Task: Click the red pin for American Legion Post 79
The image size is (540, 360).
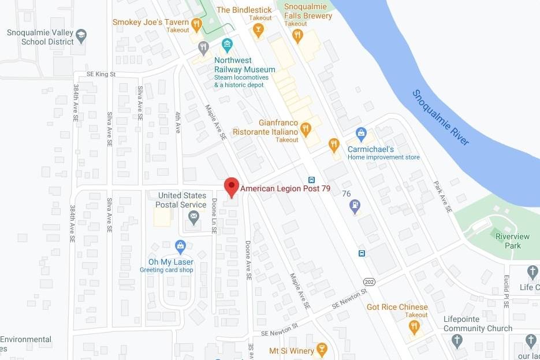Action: (232, 187)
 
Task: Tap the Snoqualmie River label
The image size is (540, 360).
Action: (441, 117)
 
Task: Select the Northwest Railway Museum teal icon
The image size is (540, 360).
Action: (228, 44)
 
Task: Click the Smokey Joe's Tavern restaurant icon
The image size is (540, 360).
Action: (196, 24)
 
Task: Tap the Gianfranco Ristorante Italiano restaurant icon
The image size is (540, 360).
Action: (306, 128)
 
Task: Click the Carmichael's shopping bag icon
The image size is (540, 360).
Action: (361, 134)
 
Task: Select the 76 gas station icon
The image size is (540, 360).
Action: (355, 205)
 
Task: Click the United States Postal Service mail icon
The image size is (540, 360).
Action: (193, 217)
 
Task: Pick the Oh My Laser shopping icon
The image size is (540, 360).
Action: (181, 246)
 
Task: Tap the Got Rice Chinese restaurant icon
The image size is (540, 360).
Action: (414, 326)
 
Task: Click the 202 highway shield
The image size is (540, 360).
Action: (369, 281)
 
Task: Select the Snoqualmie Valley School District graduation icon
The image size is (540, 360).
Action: (81, 35)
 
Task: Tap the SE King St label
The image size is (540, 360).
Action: (101, 75)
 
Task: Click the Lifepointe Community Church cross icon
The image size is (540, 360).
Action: (457, 340)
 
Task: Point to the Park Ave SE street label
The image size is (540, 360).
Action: (443, 196)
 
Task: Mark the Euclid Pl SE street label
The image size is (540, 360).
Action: (506, 291)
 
